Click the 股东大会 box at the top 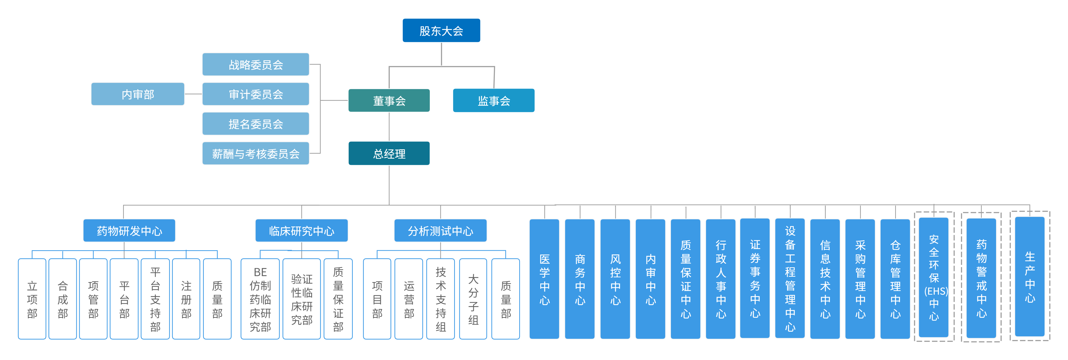441,30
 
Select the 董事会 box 389,100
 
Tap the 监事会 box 493,100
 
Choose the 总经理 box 389,153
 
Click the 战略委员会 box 255,65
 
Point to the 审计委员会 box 255,94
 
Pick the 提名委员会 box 255,124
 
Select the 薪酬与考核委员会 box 255,153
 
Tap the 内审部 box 138,94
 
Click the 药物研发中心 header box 129,230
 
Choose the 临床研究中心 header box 301,230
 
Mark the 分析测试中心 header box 440,230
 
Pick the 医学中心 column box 544,279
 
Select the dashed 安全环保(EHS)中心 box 934,277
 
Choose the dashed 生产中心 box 1030,277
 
